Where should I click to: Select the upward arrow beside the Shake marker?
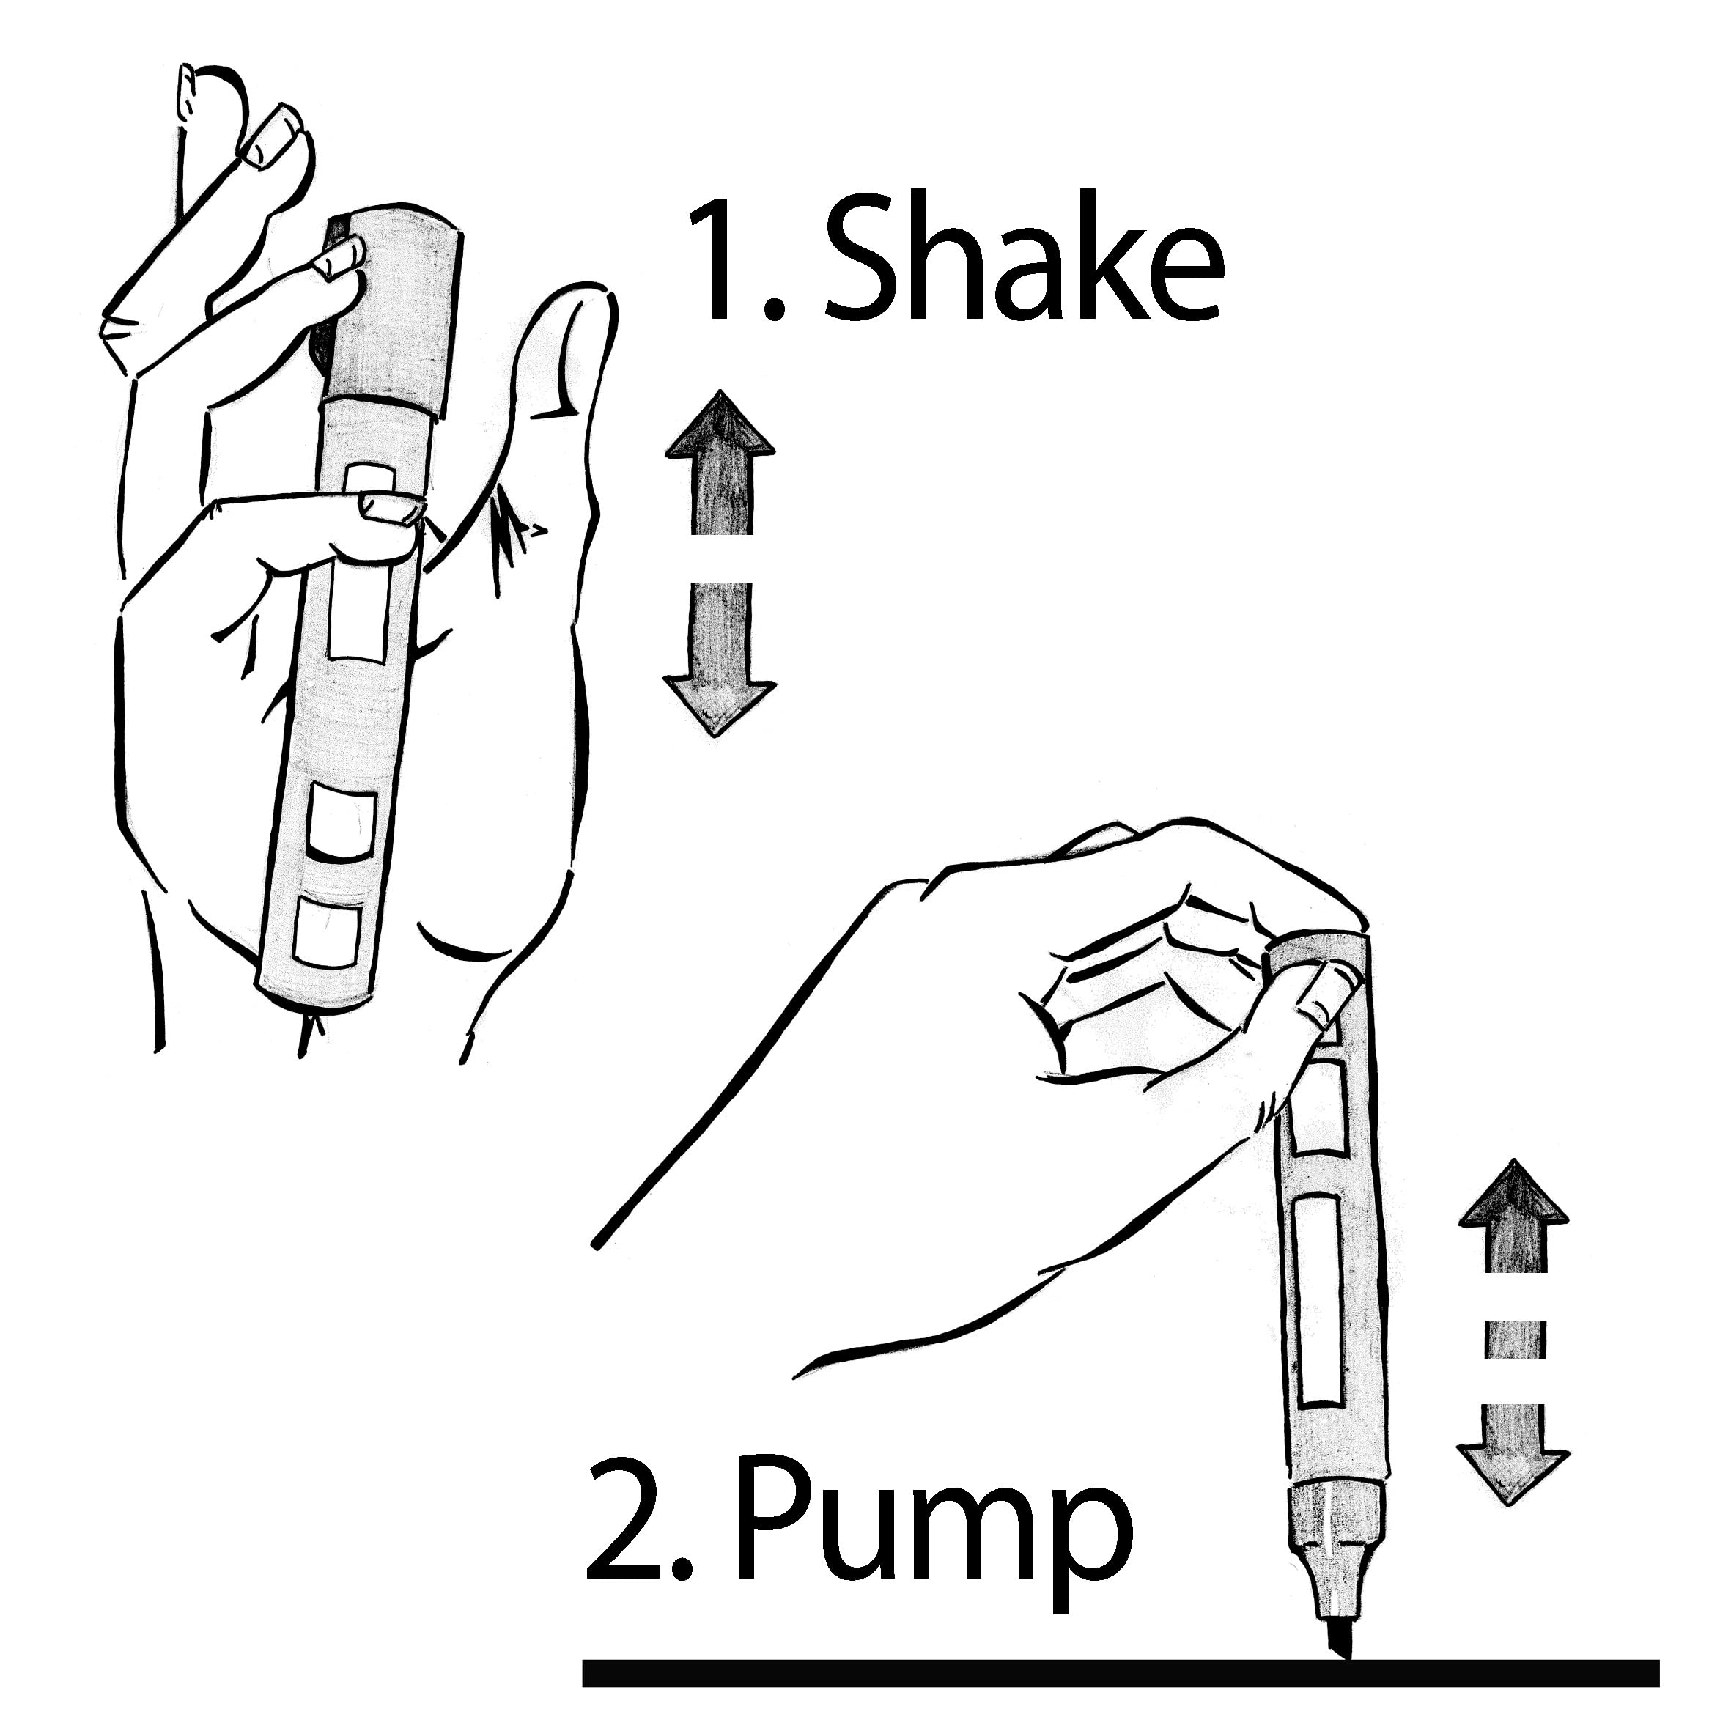(x=721, y=463)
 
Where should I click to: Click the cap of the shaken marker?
(x=394, y=314)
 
